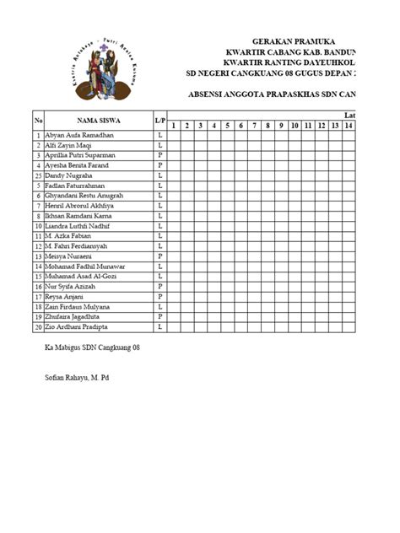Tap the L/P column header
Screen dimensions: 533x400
point(159,121)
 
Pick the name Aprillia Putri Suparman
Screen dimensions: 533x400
point(80,155)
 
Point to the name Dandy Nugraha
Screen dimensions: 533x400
point(70,175)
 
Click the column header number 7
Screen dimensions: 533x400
point(255,126)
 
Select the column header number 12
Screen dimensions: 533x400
point(322,126)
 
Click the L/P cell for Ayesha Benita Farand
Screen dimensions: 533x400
point(159,165)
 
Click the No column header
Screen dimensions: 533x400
point(38,121)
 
